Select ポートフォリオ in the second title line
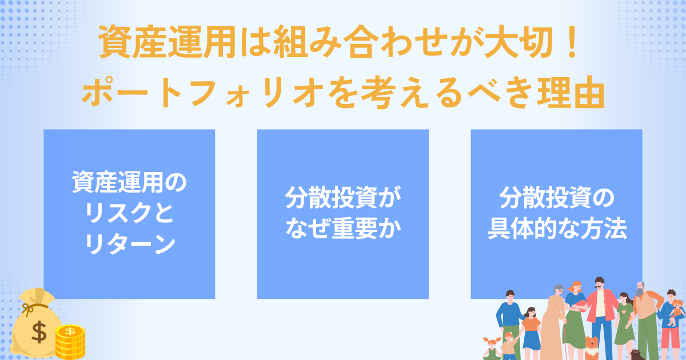203,92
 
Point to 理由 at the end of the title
571,92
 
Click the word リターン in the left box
130,244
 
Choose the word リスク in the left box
117,213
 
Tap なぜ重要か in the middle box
344,229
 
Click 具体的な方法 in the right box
557,229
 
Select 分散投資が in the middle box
343,198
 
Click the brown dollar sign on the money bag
39,332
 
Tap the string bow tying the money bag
30,309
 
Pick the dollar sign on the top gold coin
70,331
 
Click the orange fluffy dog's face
592,342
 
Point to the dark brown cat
637,354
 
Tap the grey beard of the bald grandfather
640,292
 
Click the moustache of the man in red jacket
599,286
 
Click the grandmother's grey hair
558,289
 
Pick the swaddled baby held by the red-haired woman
578,306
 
